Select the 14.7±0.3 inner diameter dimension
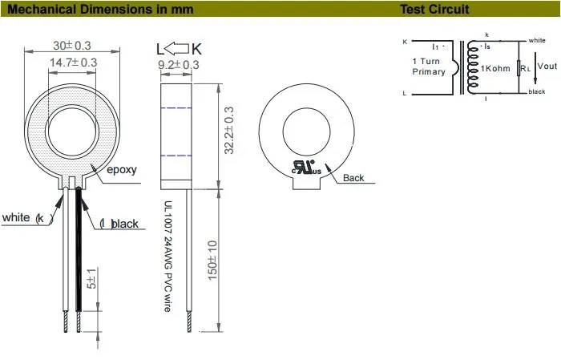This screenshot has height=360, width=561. (73, 62)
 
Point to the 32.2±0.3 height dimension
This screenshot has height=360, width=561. (229, 131)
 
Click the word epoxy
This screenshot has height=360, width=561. (122, 170)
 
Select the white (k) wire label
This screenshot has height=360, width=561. (27, 218)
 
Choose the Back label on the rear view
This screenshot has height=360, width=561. (353, 178)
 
